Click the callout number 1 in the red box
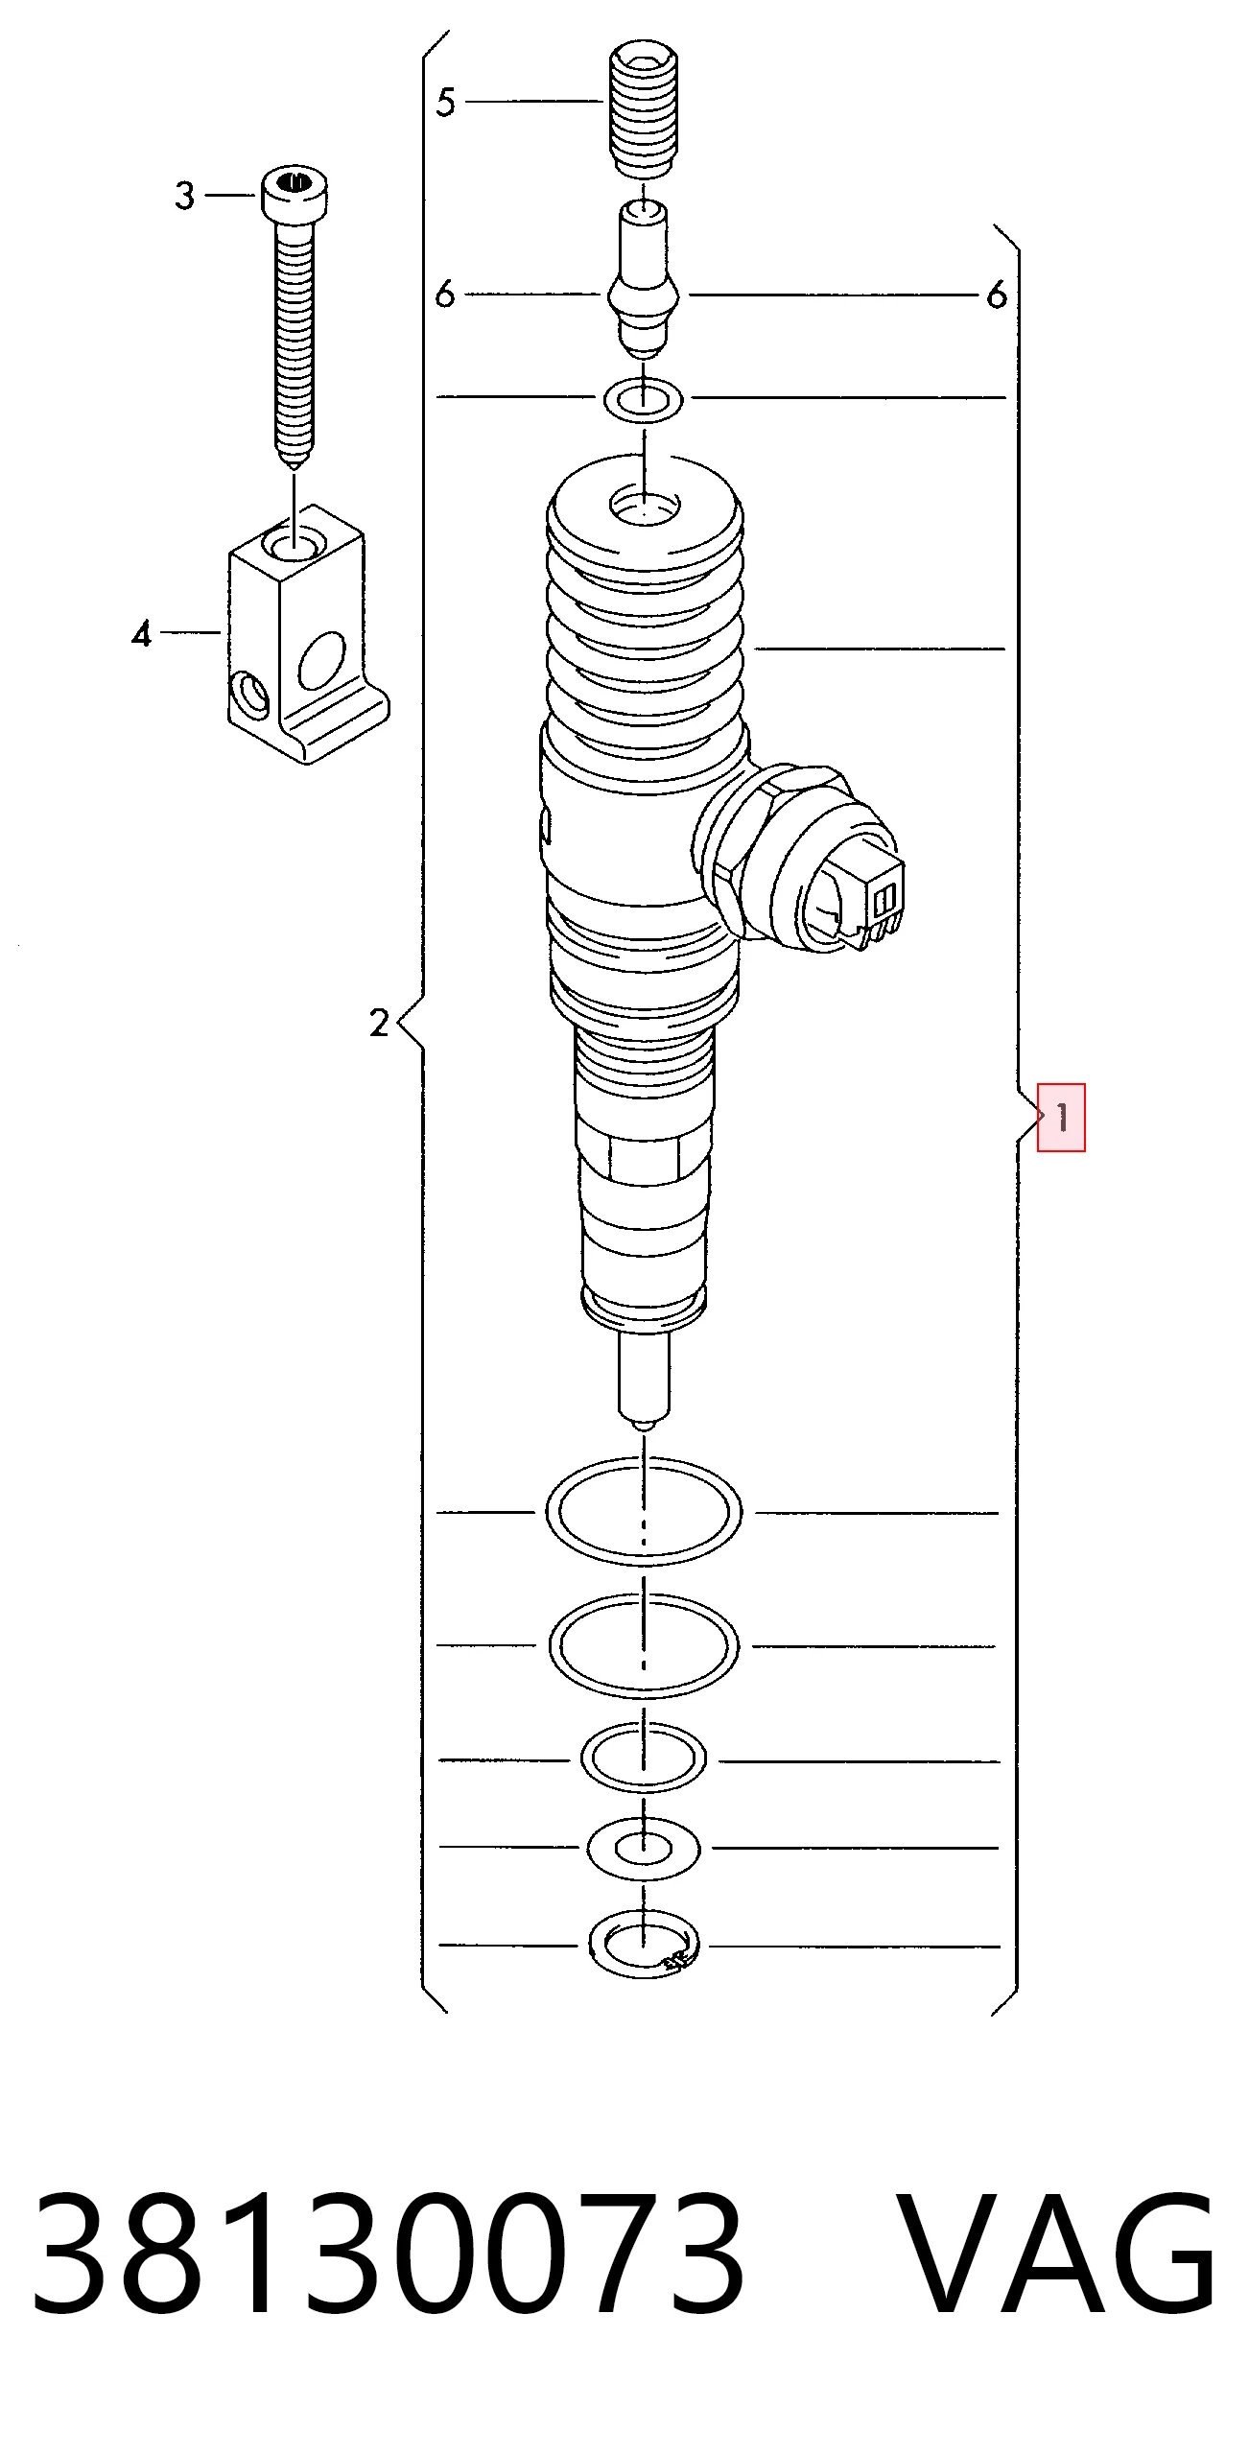(x=1062, y=1117)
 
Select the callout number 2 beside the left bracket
(x=380, y=1023)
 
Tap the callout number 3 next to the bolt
(x=185, y=196)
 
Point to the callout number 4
(x=142, y=633)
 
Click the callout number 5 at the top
(x=445, y=102)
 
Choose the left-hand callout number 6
(x=444, y=294)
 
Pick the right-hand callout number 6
(x=998, y=295)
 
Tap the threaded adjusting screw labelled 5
(x=645, y=109)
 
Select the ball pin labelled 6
(x=644, y=278)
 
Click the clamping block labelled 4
(x=308, y=635)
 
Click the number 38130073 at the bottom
(x=388, y=2253)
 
